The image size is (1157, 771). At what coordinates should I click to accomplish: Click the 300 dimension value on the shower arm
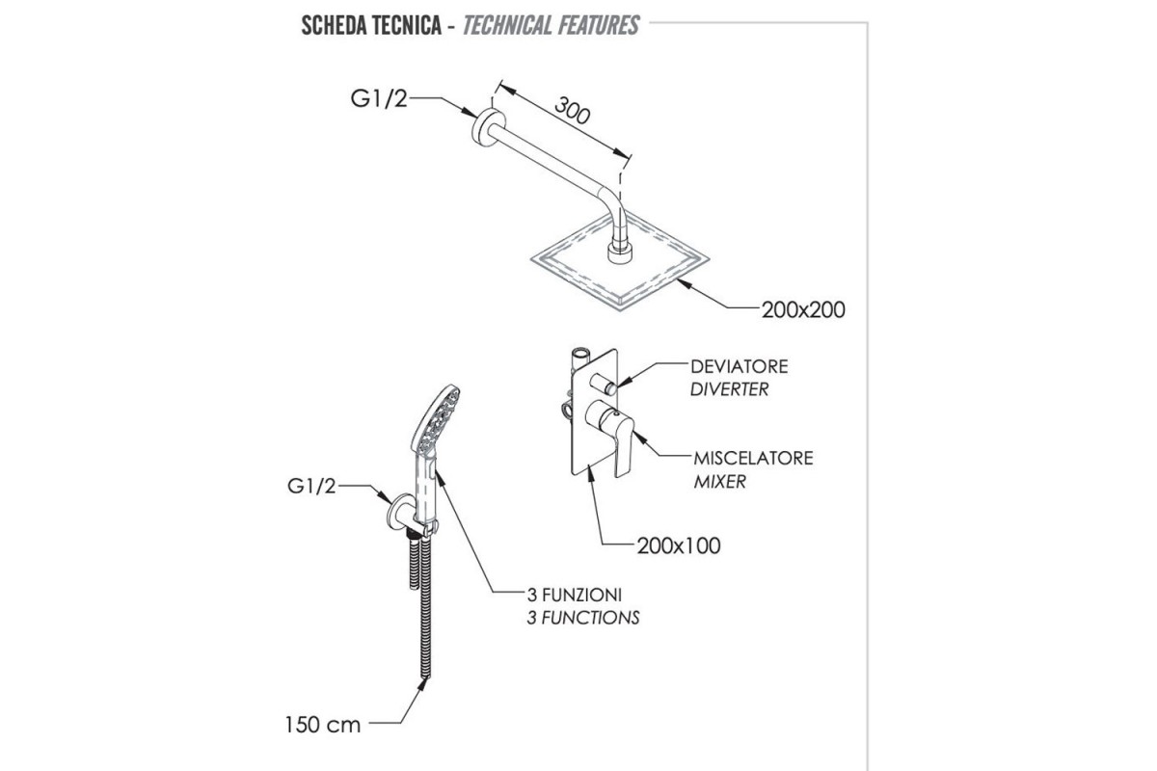tap(572, 110)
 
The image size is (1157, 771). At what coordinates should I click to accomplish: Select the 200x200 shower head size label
tap(803, 310)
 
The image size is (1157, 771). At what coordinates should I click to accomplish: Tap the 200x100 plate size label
tap(678, 545)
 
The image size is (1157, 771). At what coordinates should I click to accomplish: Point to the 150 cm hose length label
tap(322, 725)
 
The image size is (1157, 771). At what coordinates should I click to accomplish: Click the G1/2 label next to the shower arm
tap(379, 98)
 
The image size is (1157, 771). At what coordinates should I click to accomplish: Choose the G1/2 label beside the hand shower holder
tap(311, 486)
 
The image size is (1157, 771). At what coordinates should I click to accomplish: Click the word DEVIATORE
tap(740, 366)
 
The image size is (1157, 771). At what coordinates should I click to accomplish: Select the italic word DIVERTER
tap(729, 389)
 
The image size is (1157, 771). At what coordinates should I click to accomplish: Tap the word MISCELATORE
tap(753, 458)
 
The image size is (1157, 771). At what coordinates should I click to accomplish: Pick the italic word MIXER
tap(719, 481)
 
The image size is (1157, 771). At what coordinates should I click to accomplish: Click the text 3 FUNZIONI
tap(575, 595)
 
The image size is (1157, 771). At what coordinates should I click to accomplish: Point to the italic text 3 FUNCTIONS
tap(583, 618)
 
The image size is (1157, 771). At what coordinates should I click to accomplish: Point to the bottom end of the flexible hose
tap(426, 678)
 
